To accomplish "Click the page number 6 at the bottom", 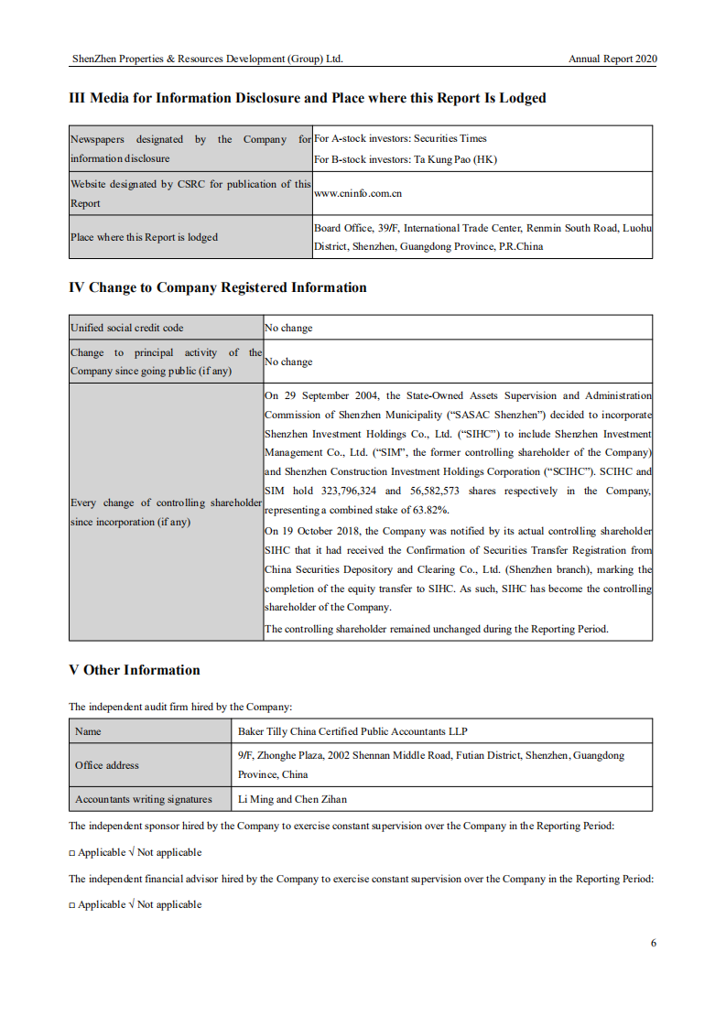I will coord(654,943).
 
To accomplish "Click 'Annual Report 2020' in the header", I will coord(612,59).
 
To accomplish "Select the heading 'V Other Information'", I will coord(135,670).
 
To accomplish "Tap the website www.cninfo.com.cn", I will coord(358,193).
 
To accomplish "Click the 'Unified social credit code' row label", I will coord(127,328).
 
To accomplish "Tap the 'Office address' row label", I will coord(107,765).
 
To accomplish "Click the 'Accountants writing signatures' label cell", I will coord(144,799).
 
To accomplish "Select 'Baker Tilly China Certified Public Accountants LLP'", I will coord(352,731).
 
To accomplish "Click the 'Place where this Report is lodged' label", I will coord(145,237).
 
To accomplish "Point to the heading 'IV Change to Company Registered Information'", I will coord(218,287).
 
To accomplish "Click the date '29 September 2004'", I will coord(323,395).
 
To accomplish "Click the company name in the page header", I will coord(207,59).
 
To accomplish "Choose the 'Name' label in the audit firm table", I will coord(88,731).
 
